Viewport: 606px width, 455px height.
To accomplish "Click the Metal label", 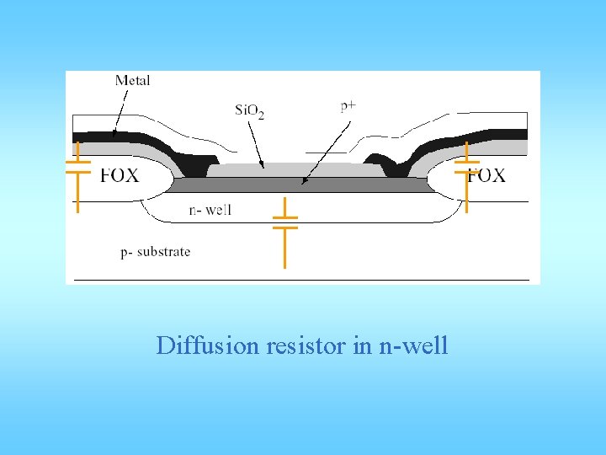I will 132,81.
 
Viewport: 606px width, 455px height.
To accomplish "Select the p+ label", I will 348,106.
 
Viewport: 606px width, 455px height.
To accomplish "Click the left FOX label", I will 120,175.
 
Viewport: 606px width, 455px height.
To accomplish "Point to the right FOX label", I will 486,175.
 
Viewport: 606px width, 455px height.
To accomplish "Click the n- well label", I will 210,210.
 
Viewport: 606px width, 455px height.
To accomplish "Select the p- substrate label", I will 155,251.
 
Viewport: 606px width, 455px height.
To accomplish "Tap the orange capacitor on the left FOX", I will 77,176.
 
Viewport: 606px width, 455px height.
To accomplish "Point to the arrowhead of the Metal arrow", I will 114,136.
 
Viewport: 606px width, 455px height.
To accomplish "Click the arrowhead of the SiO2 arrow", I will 263,167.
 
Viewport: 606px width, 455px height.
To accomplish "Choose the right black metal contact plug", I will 382,161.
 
